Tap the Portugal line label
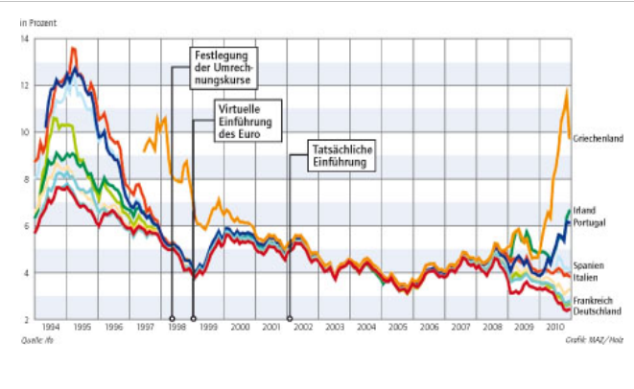tap(590, 222)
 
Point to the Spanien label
tap(589, 264)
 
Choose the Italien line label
tap(587, 276)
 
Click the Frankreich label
tap(594, 300)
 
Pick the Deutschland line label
tap(598, 311)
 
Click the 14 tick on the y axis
tap(24, 38)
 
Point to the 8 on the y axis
tap(26, 179)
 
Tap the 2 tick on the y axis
tap(26, 319)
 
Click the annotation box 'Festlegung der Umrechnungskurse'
tap(222, 68)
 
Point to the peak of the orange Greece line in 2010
tap(567, 90)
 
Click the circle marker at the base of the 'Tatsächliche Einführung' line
tap(289, 318)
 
